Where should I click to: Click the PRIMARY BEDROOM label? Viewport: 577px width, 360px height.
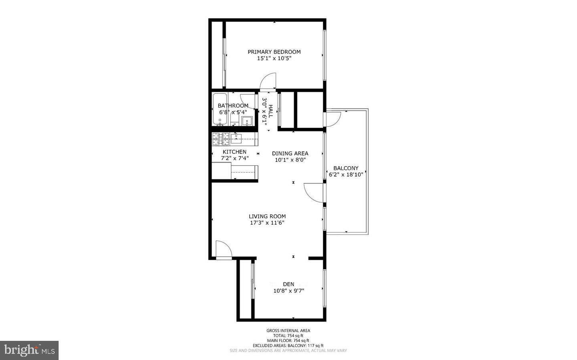click(274, 52)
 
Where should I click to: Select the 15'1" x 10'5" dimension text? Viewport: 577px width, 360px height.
click(274, 58)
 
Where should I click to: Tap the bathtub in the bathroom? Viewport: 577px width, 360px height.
click(220, 109)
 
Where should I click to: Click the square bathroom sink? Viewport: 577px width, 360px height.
click(247, 121)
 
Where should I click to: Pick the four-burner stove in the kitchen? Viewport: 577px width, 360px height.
click(221, 139)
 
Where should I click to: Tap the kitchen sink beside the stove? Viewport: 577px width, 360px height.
click(236, 139)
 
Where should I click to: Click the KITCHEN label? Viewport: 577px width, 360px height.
click(234, 152)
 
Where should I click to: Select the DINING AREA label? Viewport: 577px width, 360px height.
click(290, 153)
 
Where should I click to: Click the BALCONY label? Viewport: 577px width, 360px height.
click(346, 168)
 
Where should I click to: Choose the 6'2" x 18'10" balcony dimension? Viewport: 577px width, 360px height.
click(346, 175)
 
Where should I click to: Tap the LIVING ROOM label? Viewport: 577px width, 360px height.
click(267, 216)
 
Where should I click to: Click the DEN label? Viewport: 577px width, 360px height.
click(288, 284)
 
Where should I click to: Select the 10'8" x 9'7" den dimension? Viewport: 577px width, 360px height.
click(288, 291)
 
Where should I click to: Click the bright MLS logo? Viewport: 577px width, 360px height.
click(29, 350)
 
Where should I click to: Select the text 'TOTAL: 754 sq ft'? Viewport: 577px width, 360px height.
click(288, 336)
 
